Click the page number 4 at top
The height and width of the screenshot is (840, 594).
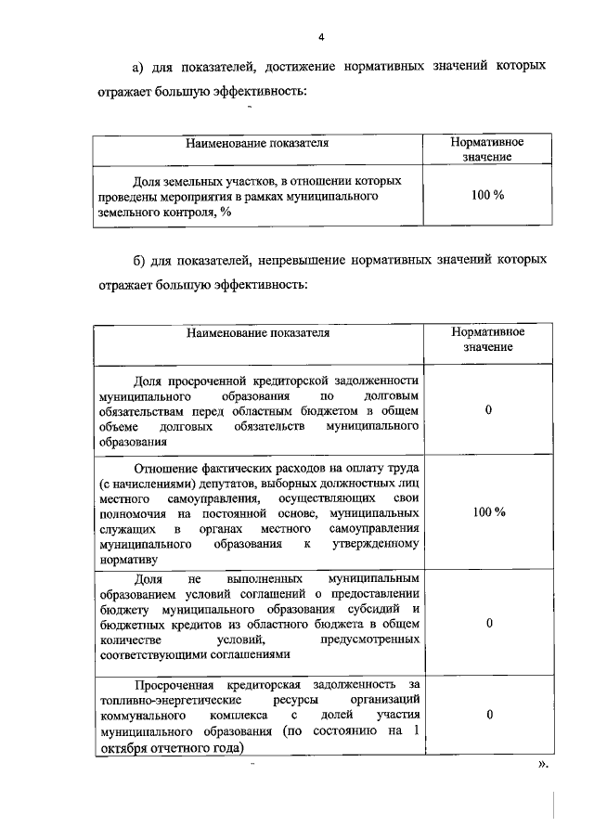click(320, 37)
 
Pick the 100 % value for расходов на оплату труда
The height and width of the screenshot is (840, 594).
click(488, 513)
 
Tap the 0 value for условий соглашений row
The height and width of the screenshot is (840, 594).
click(488, 624)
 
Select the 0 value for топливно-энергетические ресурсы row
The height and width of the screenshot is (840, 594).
click(488, 716)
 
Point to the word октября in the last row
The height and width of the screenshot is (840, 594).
click(123, 747)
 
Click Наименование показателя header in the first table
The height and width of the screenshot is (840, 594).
click(257, 144)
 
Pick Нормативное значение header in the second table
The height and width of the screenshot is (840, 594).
click(488, 339)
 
